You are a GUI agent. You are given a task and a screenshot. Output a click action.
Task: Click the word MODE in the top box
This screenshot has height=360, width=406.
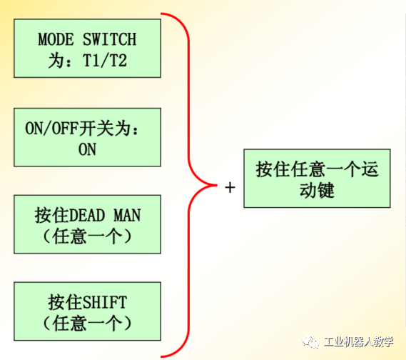[x=56, y=39]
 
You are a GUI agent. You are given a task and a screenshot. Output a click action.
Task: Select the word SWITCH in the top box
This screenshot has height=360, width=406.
[x=109, y=39]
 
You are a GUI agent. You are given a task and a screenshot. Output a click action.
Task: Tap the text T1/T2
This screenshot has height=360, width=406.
[x=105, y=61]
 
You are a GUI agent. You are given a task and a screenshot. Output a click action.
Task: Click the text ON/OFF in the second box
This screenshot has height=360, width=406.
[x=52, y=129]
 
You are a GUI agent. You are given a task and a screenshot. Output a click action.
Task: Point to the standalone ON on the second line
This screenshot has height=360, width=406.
[x=87, y=149]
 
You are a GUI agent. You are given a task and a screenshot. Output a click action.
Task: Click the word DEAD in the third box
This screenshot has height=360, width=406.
[x=87, y=216]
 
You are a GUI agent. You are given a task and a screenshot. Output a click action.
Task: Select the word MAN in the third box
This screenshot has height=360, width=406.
[x=128, y=216]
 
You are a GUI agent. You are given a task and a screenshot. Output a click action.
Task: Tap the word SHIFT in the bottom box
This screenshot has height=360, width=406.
[x=105, y=302]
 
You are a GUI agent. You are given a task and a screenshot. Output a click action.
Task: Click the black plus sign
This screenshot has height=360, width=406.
[x=230, y=187]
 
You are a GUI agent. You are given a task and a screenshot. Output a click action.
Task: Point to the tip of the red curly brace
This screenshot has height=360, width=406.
[x=217, y=185]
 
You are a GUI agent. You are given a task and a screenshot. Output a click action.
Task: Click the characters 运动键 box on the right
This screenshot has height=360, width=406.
[x=317, y=179]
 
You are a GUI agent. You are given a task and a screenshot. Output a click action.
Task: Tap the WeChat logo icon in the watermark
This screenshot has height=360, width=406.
[x=310, y=342]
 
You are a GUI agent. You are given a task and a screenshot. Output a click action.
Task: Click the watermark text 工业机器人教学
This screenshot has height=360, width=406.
[x=358, y=342]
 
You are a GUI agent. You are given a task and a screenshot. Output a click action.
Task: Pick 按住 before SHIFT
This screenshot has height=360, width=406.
[x=65, y=302]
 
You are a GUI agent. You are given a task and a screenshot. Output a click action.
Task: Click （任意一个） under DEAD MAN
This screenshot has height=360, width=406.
[x=87, y=236]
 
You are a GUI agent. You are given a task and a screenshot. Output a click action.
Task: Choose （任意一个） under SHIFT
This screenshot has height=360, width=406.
[x=87, y=323]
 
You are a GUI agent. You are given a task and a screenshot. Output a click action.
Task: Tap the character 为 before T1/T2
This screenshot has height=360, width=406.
[x=56, y=61]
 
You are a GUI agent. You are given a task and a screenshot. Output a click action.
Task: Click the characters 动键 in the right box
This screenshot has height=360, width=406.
[x=317, y=191]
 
